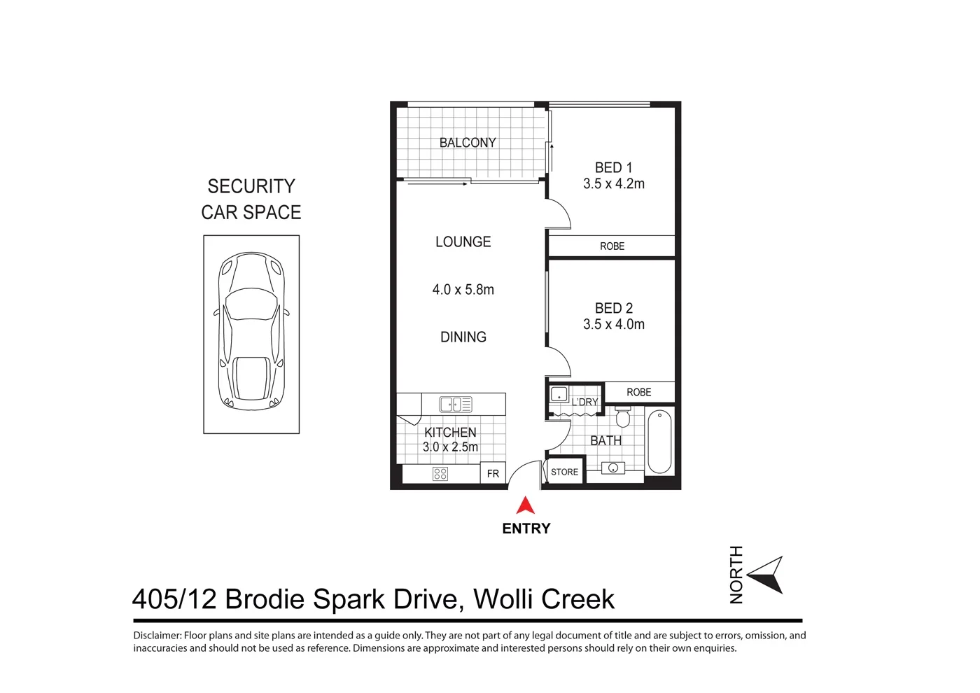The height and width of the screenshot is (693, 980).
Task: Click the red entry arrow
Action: click(x=526, y=506)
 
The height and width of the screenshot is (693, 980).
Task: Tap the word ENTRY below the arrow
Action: click(x=526, y=529)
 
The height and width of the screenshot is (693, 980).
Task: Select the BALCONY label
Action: click(x=468, y=143)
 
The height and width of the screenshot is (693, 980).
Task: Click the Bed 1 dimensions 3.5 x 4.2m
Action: click(x=614, y=184)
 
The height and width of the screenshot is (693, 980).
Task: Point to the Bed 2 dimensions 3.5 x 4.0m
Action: click(x=614, y=325)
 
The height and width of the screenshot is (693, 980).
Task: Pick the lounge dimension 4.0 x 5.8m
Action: click(x=463, y=290)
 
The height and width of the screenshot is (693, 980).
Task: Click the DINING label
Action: click(x=463, y=337)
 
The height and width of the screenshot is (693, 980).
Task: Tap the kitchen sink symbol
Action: click(x=455, y=404)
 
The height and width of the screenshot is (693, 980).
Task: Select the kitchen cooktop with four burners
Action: click(x=440, y=474)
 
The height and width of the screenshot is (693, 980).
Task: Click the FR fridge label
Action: click(x=493, y=474)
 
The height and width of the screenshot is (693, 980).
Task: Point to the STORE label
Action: click(x=564, y=472)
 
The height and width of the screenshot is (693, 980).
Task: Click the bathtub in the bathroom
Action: click(x=659, y=442)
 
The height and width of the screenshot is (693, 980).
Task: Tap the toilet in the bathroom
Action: click(x=622, y=417)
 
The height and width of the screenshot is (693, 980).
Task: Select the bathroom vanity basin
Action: click(x=613, y=468)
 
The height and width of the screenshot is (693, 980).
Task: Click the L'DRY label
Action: click(x=584, y=402)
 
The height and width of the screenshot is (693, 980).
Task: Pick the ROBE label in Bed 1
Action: click(x=612, y=246)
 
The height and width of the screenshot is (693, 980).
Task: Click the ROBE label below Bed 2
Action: click(x=638, y=393)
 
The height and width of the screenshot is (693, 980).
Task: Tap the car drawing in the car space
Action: click(x=251, y=330)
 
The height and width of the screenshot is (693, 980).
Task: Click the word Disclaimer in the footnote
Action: click(x=157, y=636)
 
